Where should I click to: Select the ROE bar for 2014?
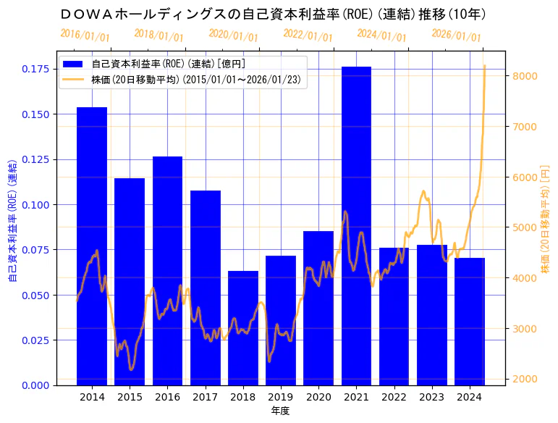pos(92,246)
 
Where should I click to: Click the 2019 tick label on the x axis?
pos(281,397)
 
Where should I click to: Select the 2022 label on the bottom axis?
pos(394,397)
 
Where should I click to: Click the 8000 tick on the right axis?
pos(523,76)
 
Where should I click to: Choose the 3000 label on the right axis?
pos(523,329)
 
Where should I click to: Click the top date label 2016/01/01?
pos(85,35)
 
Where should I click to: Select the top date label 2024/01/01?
pos(382,35)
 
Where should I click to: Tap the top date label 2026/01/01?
pos(456,35)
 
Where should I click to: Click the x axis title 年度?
pos(280,411)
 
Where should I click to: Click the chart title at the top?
pos(274,14)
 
